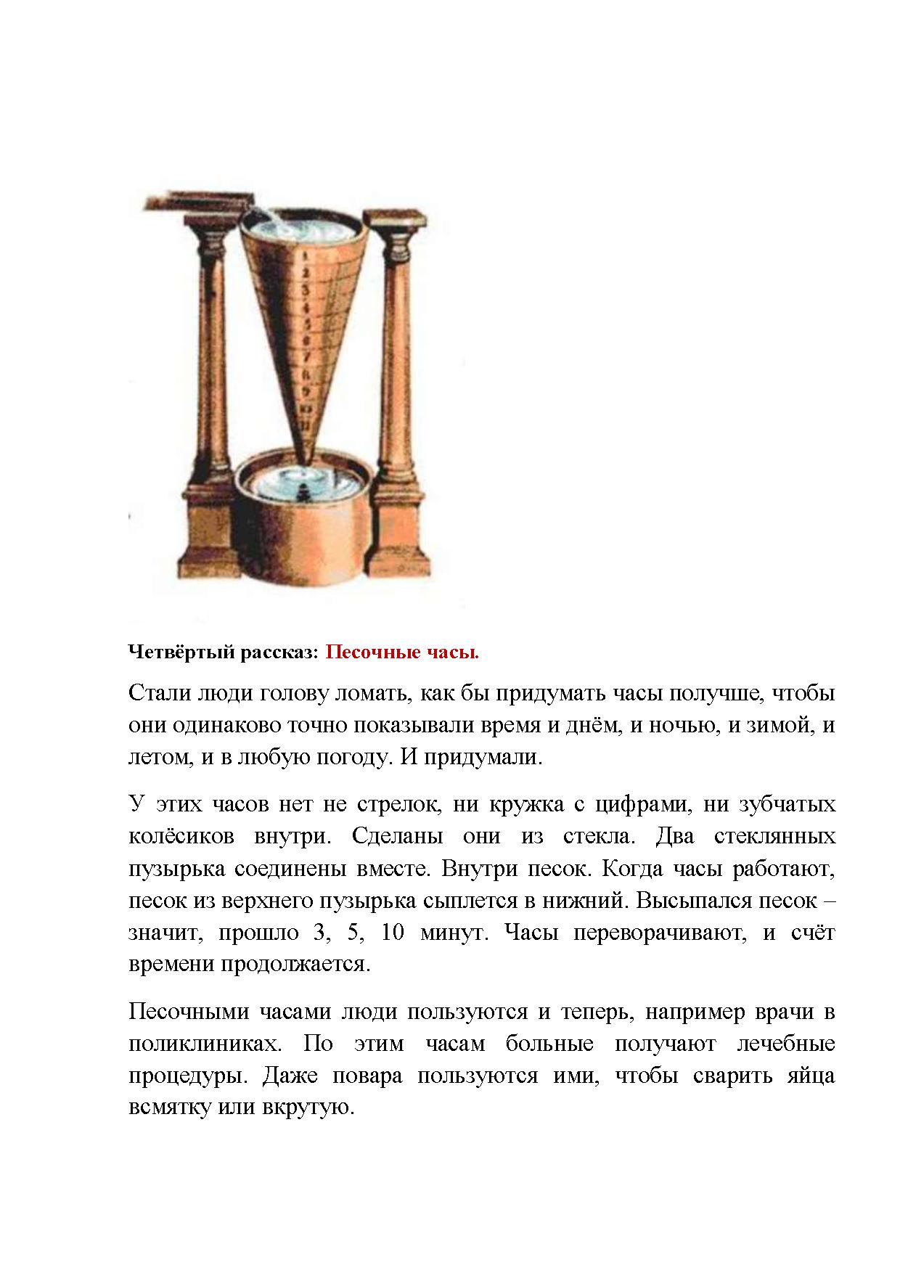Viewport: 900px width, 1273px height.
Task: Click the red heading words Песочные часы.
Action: [401, 652]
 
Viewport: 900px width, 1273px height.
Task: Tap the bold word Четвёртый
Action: [171, 652]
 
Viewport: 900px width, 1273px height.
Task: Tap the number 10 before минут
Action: [392, 932]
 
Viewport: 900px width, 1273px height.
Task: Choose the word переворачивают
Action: [660, 932]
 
